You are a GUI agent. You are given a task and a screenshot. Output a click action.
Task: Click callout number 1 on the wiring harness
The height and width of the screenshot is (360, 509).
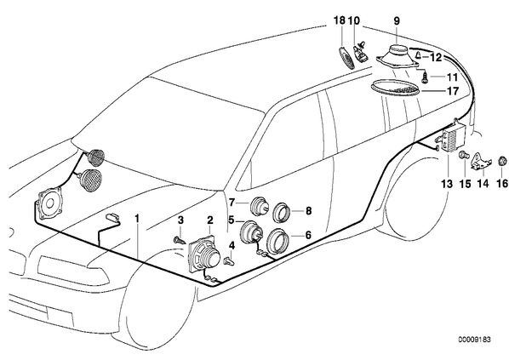pyautogui.click(x=137, y=219)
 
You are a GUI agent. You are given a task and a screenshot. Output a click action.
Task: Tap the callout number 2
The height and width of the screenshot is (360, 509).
pyautogui.click(x=210, y=220)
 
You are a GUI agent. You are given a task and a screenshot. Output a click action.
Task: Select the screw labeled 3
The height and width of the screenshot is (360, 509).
pyautogui.click(x=179, y=241)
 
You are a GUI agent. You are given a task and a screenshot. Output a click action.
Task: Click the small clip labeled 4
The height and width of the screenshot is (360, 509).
pyautogui.click(x=230, y=260)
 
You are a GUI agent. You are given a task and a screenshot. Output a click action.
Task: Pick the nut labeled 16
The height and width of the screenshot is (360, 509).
pyautogui.click(x=502, y=161)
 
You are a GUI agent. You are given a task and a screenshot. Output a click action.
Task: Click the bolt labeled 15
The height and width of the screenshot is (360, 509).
pyautogui.click(x=464, y=156)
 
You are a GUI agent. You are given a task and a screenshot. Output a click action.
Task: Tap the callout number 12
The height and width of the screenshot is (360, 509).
pyautogui.click(x=437, y=58)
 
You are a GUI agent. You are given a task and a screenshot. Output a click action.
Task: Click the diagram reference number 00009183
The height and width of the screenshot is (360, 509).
pyautogui.click(x=474, y=340)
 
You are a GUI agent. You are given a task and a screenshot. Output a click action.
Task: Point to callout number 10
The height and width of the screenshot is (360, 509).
pyautogui.click(x=354, y=20)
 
